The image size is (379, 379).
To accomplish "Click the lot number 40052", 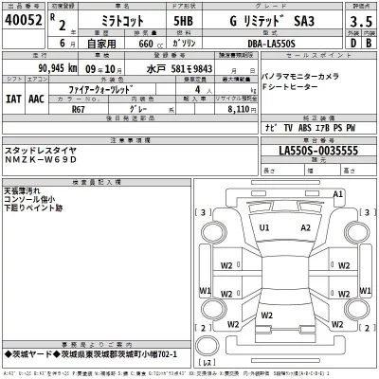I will tap(22, 19).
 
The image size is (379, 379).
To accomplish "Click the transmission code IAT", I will tap(15, 96).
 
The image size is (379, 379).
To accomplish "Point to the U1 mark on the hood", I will tap(264, 228).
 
